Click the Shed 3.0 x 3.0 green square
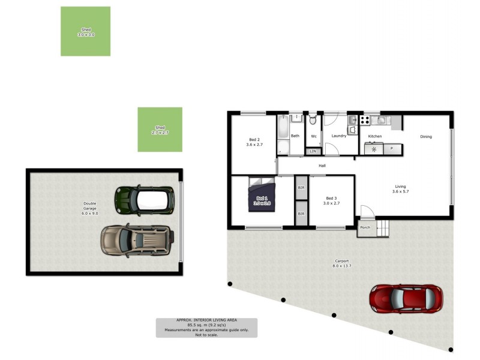[85, 31]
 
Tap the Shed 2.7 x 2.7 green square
[160, 130]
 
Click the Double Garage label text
[89, 209]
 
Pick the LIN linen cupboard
[313, 151]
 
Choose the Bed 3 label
[332, 201]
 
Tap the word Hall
[322, 166]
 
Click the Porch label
[365, 228]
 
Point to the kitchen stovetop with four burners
[375, 149]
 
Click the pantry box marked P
[392, 148]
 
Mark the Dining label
[425, 137]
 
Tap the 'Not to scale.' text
[206, 335]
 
